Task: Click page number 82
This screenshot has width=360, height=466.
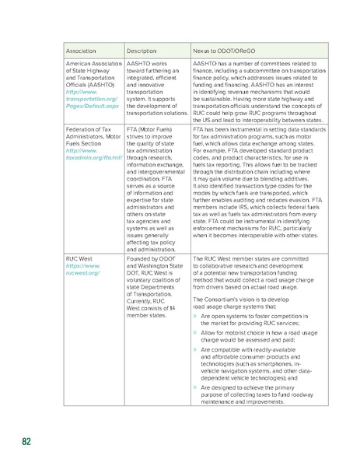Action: point(26,442)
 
